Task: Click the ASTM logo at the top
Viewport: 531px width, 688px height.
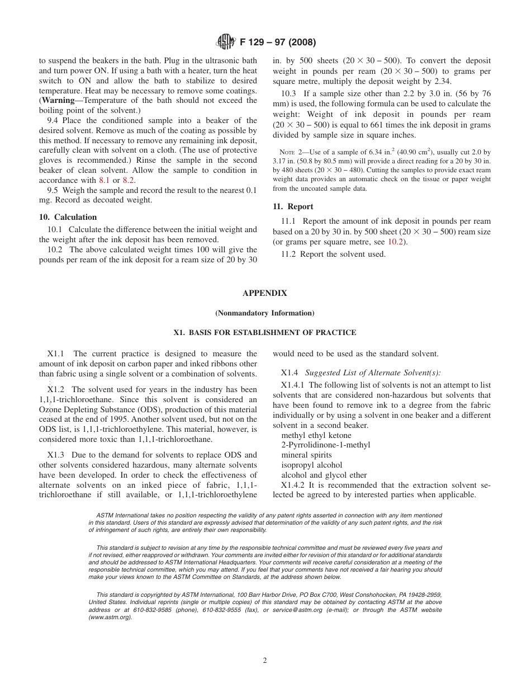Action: (225, 41)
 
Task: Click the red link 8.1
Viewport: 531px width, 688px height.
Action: (104, 181)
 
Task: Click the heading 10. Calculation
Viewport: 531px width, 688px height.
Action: (68, 217)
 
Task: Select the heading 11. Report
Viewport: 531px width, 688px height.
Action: (293, 206)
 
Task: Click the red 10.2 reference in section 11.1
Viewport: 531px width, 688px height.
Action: (394, 242)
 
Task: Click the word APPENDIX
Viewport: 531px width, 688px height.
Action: (264, 293)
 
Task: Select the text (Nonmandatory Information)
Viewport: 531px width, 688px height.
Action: (264, 313)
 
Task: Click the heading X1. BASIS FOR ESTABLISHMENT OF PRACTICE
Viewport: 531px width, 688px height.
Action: (264, 333)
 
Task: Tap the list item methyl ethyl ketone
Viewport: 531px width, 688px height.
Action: (316, 435)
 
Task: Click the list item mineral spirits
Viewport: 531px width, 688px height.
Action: (306, 455)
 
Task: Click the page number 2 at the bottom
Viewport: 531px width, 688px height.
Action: (265, 661)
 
